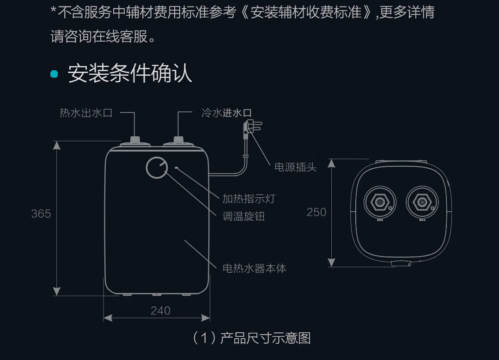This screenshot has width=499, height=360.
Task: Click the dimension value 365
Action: click(x=41, y=214)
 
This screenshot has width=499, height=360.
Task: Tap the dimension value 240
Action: click(x=160, y=311)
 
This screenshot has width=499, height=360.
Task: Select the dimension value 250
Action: click(x=316, y=212)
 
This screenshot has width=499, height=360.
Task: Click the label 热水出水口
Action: click(x=86, y=113)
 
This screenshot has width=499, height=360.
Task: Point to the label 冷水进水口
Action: click(x=226, y=113)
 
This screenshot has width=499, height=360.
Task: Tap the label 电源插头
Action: click(x=296, y=167)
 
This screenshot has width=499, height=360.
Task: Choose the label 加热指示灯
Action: click(x=249, y=199)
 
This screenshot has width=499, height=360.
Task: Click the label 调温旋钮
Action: click(x=243, y=216)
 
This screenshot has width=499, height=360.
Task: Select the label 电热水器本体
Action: click(x=254, y=268)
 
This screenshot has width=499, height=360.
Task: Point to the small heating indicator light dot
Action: click(x=176, y=167)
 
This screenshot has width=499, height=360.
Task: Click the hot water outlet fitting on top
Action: click(x=135, y=140)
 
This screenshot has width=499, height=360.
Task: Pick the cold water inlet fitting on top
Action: click(x=178, y=140)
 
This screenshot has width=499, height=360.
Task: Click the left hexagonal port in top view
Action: click(x=380, y=202)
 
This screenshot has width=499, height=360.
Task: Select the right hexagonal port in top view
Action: click(x=422, y=202)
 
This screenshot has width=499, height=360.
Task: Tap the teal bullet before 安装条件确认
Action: click(x=55, y=74)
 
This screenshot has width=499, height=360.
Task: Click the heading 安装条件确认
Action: click(x=130, y=73)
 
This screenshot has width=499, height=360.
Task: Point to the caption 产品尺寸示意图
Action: click(x=265, y=338)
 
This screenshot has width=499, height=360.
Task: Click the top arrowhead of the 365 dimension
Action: click(x=57, y=145)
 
